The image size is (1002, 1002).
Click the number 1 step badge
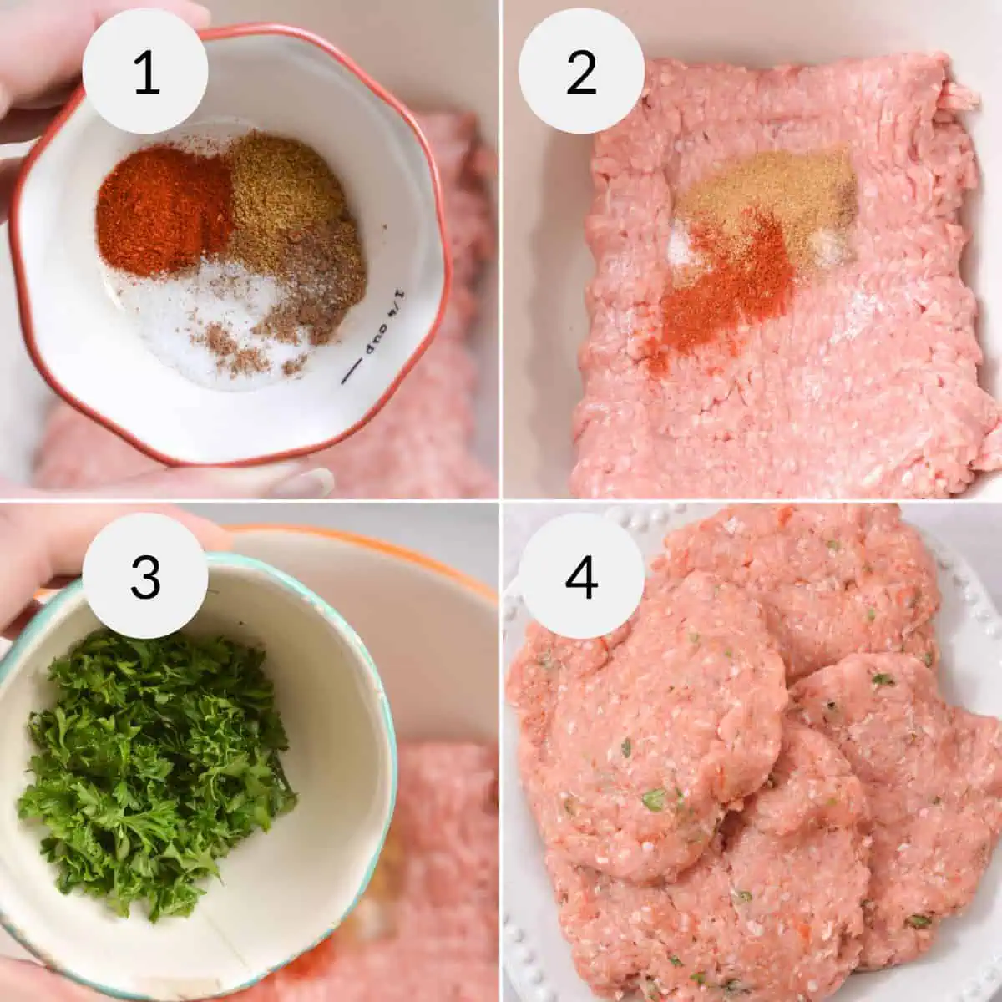(x=145, y=71)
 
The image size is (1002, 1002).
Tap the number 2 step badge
(x=581, y=71)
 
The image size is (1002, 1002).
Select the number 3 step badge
(x=145, y=575)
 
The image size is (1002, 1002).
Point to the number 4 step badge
(x=581, y=575)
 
